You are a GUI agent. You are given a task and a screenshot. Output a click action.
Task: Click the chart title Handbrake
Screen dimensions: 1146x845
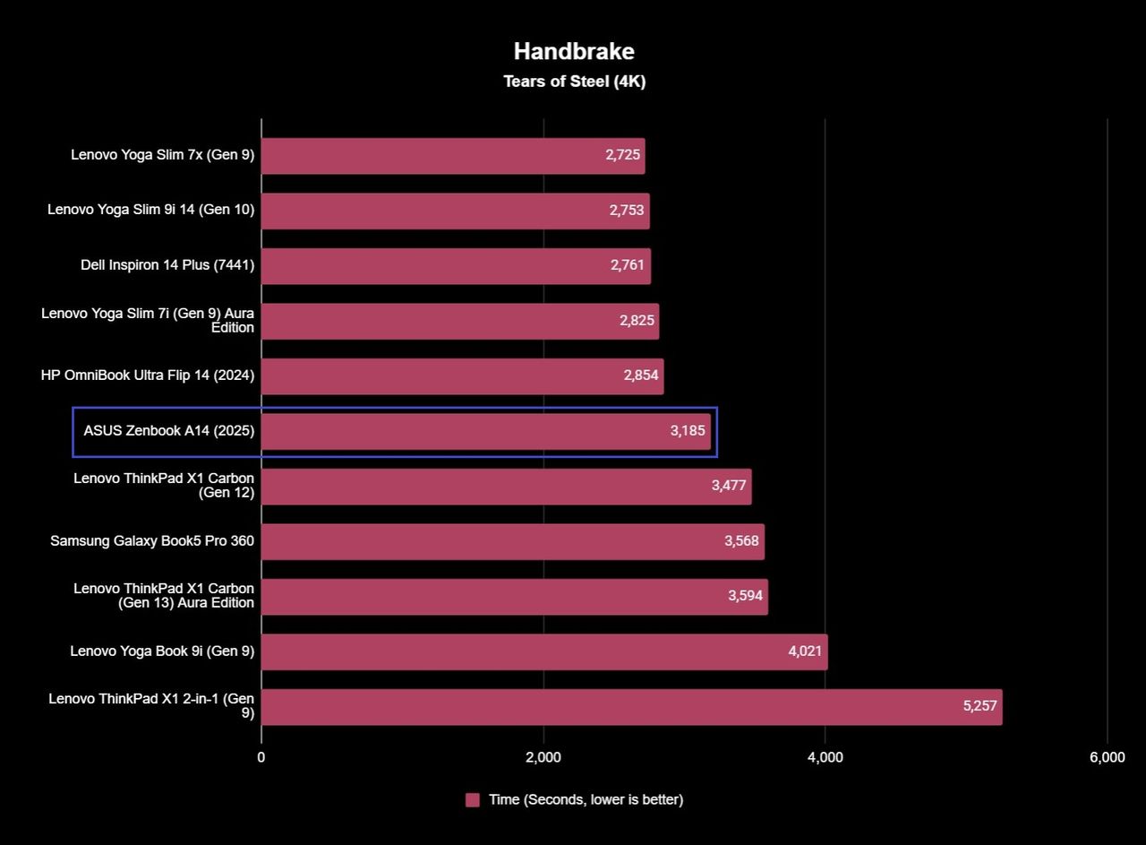click(574, 51)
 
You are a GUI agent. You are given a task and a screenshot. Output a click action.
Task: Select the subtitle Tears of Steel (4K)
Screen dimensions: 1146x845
click(575, 82)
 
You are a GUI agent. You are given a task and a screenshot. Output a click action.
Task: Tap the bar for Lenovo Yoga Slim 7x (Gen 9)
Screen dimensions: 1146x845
click(453, 156)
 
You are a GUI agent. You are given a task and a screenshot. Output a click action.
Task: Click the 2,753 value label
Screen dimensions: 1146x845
click(626, 210)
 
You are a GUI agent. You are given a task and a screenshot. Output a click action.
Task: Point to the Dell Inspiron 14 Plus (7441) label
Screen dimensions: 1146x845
click(167, 264)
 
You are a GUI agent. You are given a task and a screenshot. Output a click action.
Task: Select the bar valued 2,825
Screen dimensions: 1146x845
click(460, 321)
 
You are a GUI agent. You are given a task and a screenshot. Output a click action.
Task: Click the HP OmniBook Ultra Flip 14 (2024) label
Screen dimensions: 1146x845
click(148, 375)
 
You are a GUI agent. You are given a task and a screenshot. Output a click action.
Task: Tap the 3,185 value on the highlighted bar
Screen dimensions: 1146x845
click(688, 430)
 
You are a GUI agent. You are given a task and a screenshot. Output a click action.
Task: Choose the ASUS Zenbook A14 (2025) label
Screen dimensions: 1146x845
click(169, 431)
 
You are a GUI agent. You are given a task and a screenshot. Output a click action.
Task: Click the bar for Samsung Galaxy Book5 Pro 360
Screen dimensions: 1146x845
click(513, 541)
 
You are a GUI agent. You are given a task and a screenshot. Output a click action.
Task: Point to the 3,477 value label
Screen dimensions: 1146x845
click(729, 485)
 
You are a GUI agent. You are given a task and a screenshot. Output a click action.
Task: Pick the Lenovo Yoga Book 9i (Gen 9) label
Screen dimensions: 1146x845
click(162, 651)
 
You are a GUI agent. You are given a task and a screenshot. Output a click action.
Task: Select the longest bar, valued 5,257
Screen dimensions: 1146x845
click(632, 707)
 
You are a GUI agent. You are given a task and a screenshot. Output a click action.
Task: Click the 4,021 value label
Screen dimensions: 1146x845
click(805, 651)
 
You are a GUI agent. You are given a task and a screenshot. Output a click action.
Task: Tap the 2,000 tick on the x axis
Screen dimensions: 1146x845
click(543, 757)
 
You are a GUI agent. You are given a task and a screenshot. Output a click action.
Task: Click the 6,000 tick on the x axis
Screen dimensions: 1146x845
click(1108, 757)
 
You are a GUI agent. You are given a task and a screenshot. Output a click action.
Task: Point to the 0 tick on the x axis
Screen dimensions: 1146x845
click(261, 757)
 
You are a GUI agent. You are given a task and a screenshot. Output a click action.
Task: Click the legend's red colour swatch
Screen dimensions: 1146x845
click(472, 800)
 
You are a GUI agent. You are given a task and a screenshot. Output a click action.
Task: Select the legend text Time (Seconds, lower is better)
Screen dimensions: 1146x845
click(586, 800)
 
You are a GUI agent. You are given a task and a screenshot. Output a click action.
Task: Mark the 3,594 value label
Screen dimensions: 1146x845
click(746, 596)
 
